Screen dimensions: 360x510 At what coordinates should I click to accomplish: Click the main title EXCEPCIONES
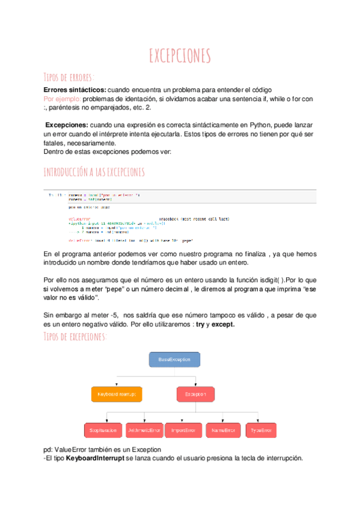tap(180, 57)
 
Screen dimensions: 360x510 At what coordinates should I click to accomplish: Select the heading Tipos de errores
tap(70, 77)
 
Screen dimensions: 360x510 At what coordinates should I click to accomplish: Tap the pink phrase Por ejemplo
tap(62, 98)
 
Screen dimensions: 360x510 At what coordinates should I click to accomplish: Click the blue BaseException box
tap(174, 359)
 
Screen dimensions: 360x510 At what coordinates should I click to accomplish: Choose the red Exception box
tap(195, 395)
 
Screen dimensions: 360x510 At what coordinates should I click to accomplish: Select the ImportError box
tap(182, 430)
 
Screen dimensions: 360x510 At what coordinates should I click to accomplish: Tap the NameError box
tap(222, 430)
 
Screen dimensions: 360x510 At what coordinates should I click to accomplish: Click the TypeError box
tap(261, 430)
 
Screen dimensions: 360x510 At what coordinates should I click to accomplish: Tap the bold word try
tap(201, 324)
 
